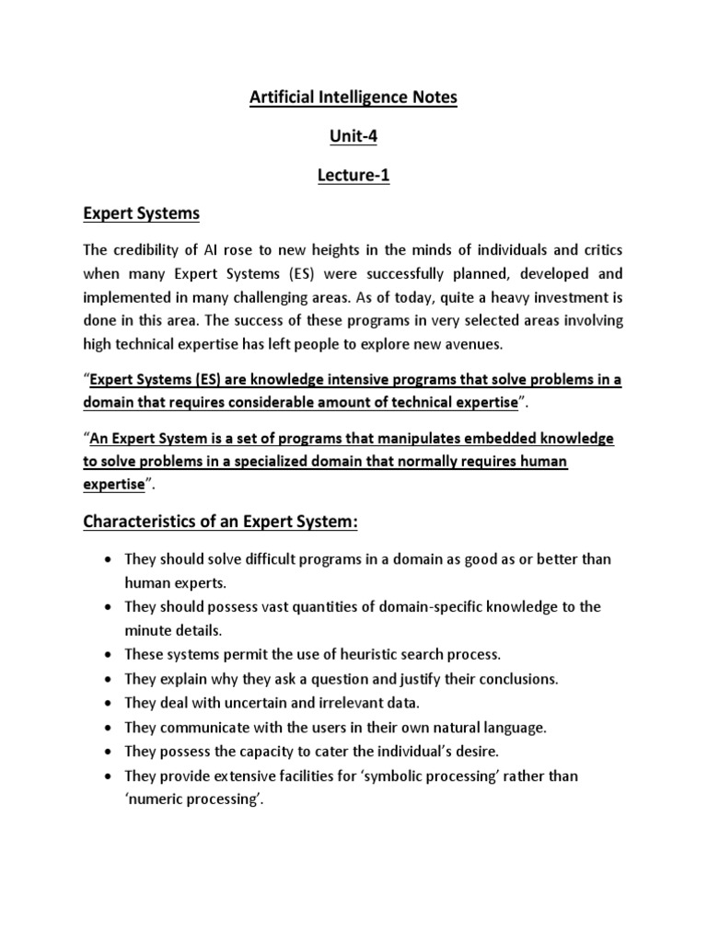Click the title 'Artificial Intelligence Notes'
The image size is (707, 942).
353,98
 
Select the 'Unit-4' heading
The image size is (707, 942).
353,136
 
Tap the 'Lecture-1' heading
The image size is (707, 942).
353,176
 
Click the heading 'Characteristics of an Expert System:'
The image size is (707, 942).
220,522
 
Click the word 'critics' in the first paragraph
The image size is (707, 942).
598,250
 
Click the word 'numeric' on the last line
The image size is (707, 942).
156,799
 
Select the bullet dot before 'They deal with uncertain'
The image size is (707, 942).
110,704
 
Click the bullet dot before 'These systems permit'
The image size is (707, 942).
110,655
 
